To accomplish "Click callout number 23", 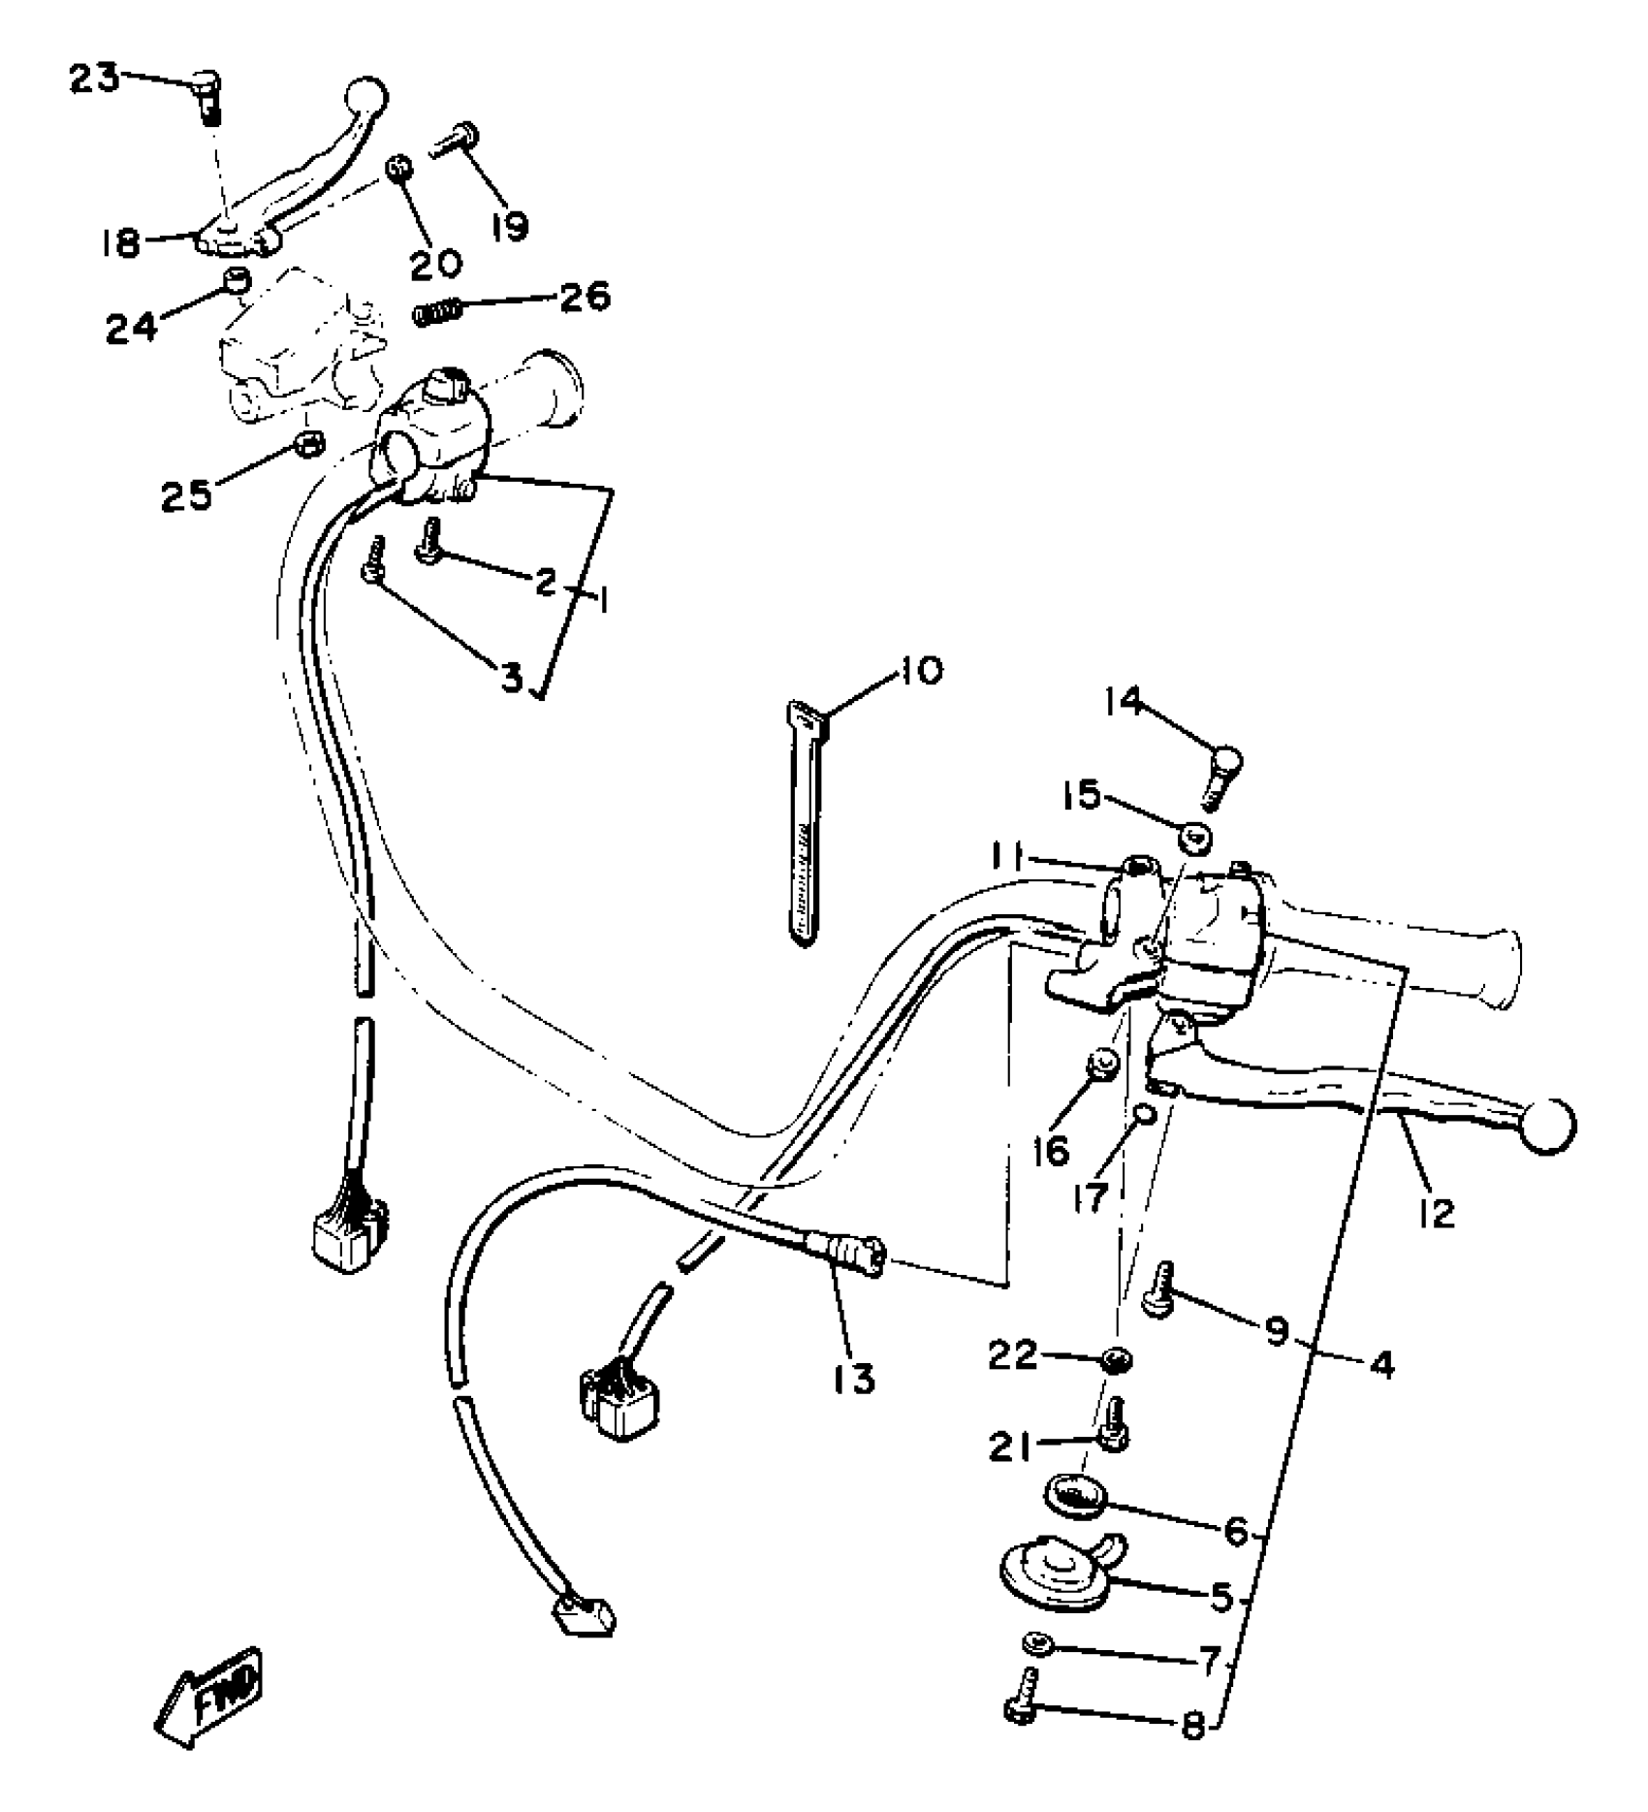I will point(94,78).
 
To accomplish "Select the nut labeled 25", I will point(308,447).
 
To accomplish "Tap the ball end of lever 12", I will point(1548,1126).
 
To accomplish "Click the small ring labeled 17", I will point(1144,1115).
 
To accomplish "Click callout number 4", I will point(1382,1365).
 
